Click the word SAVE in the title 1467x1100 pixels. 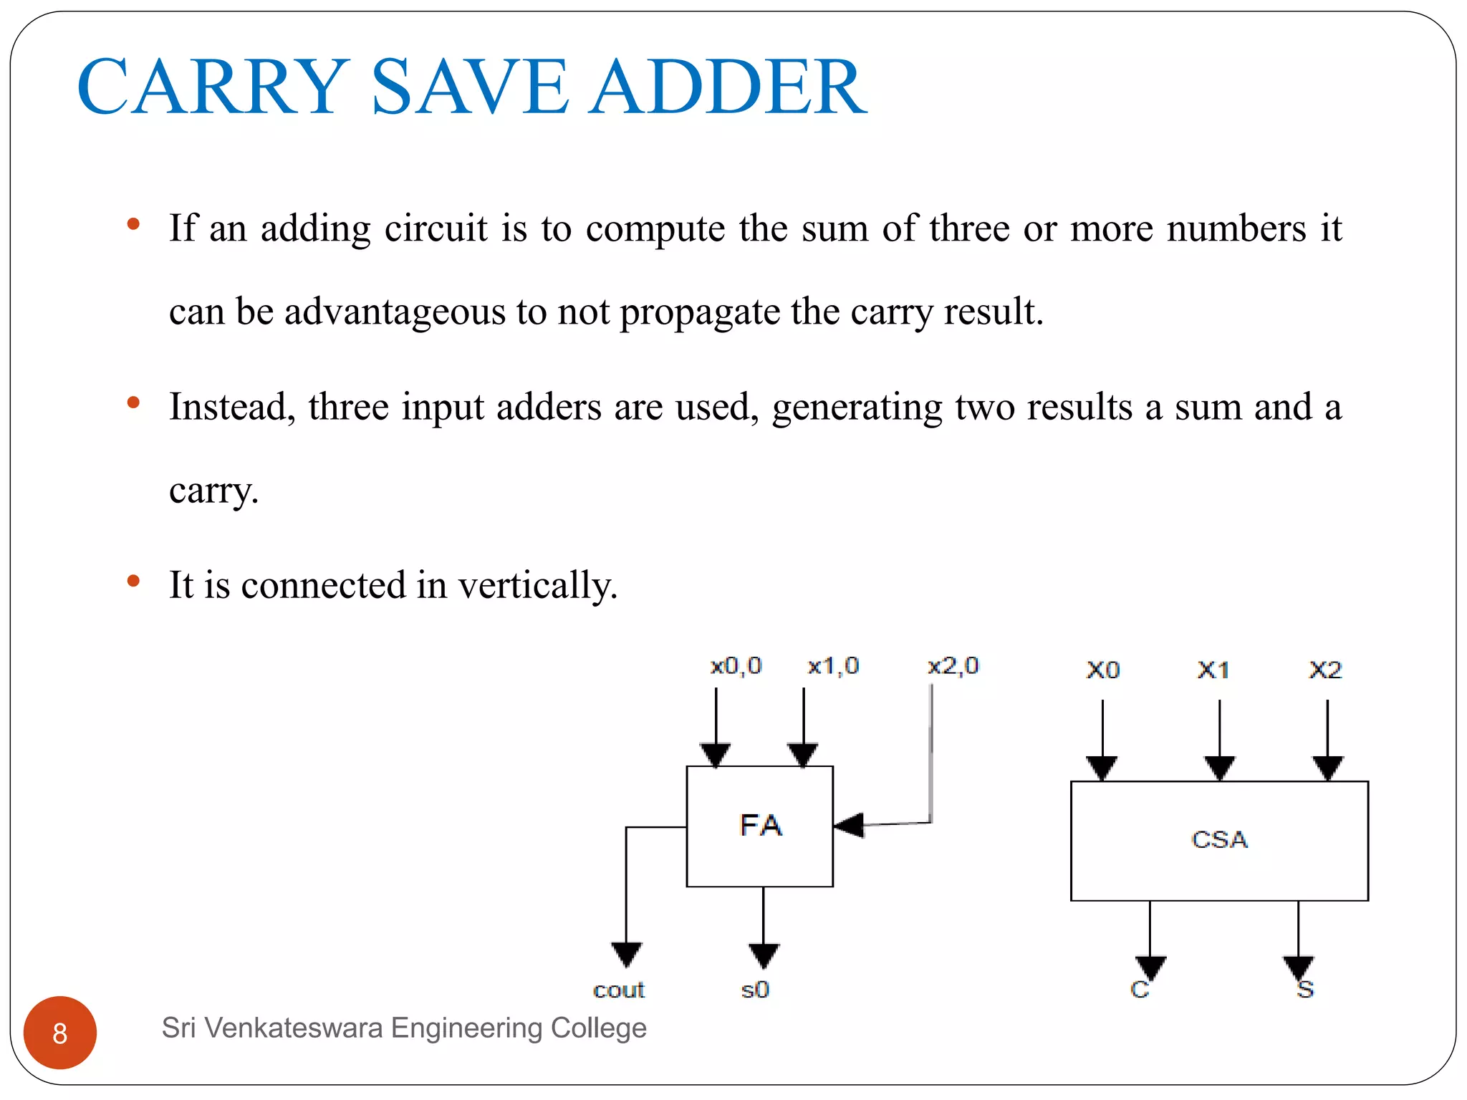pyautogui.click(x=469, y=87)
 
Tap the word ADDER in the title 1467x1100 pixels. pyautogui.click(x=728, y=87)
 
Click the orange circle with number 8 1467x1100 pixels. pyautogui.click(x=60, y=1032)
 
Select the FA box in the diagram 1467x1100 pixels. pyautogui.click(x=759, y=826)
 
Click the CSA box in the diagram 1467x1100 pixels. pyautogui.click(x=1219, y=840)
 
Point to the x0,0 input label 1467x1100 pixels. pyautogui.click(x=736, y=666)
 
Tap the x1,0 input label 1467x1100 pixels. pyautogui.click(x=833, y=666)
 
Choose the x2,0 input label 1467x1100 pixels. pyautogui.click(x=953, y=666)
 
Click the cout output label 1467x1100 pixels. pyautogui.click(x=619, y=990)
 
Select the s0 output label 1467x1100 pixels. pyautogui.click(x=755, y=990)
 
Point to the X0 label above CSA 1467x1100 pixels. pyautogui.click(x=1102, y=670)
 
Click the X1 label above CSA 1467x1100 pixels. pyautogui.click(x=1213, y=670)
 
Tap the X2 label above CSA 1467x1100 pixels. pyautogui.click(x=1325, y=670)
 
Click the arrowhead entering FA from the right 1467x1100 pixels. pyautogui.click(x=850, y=825)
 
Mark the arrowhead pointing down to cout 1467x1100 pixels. pyautogui.click(x=626, y=954)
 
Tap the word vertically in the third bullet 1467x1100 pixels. pyautogui.click(x=537, y=585)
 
